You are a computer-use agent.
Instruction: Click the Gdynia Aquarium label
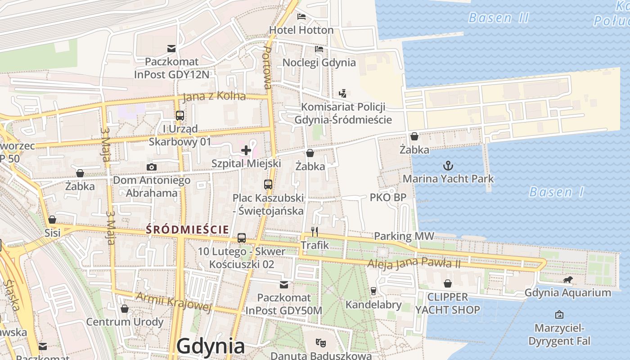(568, 293)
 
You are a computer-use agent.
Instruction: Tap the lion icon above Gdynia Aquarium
(568, 280)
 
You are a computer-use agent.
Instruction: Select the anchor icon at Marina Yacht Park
(448, 166)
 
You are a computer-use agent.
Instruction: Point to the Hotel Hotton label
(301, 30)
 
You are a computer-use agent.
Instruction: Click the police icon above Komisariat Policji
(343, 94)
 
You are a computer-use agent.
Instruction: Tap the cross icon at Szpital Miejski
(246, 150)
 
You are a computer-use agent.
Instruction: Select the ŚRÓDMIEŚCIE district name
(187, 229)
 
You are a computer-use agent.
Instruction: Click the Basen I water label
(556, 192)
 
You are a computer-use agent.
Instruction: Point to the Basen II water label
(499, 18)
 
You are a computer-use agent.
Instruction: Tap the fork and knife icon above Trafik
(315, 232)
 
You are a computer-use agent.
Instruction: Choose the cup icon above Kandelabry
(373, 291)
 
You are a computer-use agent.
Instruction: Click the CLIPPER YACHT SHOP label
(447, 303)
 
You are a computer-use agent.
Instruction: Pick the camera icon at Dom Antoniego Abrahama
(152, 167)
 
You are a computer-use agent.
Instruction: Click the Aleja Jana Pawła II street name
(414, 263)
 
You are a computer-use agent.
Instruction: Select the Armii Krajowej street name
(173, 302)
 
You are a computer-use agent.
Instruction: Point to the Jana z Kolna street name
(215, 96)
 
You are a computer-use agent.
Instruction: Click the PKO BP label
(388, 197)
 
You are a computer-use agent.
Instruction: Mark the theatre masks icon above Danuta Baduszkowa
(320, 342)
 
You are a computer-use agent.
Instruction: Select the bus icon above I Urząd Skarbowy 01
(180, 116)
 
